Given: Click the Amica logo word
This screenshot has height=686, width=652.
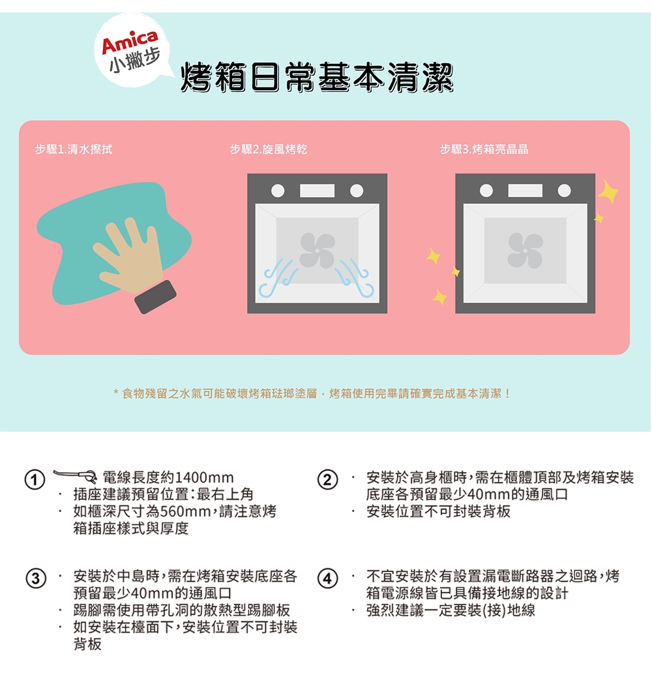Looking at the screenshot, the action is coord(130,42).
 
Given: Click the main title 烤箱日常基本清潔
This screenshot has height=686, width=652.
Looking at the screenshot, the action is coord(318,78).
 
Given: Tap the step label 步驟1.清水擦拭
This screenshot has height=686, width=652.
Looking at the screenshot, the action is coord(74,149).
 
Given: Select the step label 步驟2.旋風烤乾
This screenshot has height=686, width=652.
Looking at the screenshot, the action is coord(269,149).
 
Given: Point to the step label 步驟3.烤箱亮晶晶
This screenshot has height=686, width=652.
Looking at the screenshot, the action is coord(484,149).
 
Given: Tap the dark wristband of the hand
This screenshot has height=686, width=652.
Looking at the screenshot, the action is coord(155,297).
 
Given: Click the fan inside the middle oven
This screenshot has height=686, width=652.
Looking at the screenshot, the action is coord(318,250).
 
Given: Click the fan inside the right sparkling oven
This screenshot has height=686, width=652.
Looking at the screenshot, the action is coord(525,250).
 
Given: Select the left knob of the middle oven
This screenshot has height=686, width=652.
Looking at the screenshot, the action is coord(278,191).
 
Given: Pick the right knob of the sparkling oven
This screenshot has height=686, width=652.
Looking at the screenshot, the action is coord(564,191).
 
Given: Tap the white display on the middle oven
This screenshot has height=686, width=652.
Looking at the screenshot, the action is coord(318,191).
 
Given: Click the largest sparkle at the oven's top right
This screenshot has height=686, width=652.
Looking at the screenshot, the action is coord(608,191).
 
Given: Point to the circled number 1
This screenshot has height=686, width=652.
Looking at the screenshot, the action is coord(35,480).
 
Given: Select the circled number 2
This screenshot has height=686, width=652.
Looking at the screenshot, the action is coord(328,480).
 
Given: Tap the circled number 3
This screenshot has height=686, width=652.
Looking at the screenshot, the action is coord(35,579).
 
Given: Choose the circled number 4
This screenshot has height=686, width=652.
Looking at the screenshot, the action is coord(328,579).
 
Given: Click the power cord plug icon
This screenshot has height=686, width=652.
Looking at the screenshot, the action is coord(75,475).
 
